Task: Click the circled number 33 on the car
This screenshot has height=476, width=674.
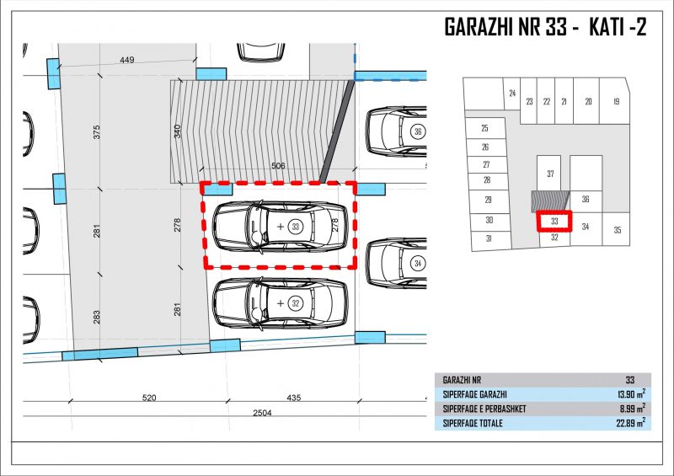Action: click(296, 226)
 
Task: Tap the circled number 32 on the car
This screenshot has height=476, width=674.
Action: click(296, 303)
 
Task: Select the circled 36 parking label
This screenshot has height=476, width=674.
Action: click(418, 131)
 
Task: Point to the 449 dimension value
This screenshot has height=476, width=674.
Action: click(127, 60)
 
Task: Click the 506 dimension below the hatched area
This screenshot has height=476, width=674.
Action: click(278, 165)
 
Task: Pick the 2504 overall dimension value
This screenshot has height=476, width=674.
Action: click(262, 413)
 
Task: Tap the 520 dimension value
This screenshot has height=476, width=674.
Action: click(149, 398)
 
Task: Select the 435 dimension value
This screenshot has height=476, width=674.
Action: click(293, 398)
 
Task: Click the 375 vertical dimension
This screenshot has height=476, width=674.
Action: click(97, 131)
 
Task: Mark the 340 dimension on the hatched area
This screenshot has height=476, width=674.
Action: click(178, 131)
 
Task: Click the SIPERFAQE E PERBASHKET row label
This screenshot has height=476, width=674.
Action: click(484, 409)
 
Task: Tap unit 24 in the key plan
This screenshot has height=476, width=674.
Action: click(512, 93)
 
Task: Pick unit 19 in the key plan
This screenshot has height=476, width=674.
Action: click(617, 101)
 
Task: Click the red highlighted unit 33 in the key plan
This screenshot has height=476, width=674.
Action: click(554, 221)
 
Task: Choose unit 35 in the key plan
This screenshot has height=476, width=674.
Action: click(618, 230)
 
